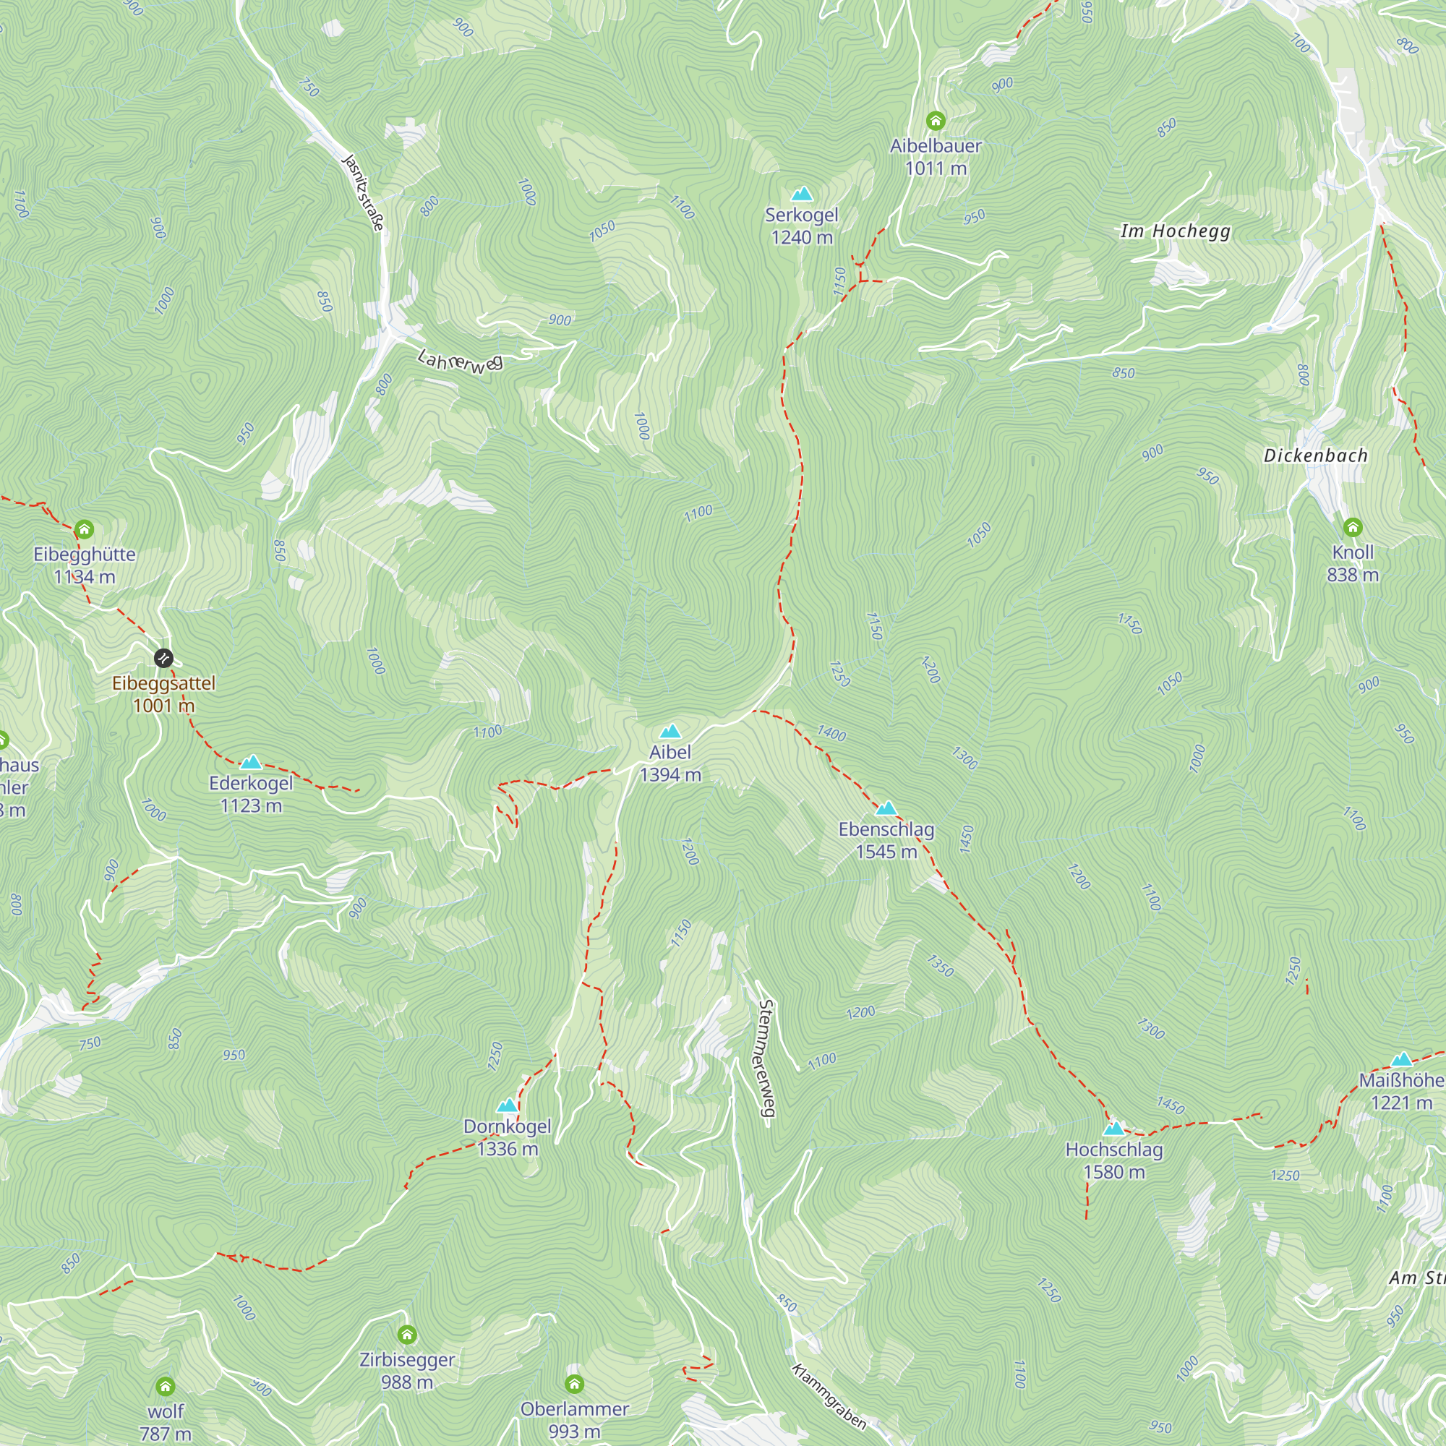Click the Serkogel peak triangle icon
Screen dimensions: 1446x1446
[802, 194]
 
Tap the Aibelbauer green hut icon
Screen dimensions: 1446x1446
[936, 121]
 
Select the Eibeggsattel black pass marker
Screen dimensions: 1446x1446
[163, 659]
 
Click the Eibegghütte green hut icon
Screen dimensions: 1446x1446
[85, 530]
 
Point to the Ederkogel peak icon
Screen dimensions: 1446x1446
[251, 763]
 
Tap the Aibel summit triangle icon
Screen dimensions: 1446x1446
[670, 731]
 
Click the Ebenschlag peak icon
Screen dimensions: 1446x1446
[886, 808]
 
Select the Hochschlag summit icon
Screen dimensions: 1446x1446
[1113, 1128]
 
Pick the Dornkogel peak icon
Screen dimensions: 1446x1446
[508, 1105]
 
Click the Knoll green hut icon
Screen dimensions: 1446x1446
[1353, 528]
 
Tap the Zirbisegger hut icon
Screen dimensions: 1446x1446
[407, 1335]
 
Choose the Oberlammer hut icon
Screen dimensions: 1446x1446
[574, 1383]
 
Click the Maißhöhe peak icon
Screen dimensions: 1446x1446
[1401, 1059]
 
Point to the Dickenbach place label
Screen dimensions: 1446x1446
[1315, 455]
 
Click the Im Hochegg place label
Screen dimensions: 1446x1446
[1175, 231]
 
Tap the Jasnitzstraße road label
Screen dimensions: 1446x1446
[364, 192]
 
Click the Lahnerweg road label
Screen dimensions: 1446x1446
[461, 361]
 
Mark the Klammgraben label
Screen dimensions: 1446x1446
[829, 1397]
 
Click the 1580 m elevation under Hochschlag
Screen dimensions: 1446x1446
[1113, 1172]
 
